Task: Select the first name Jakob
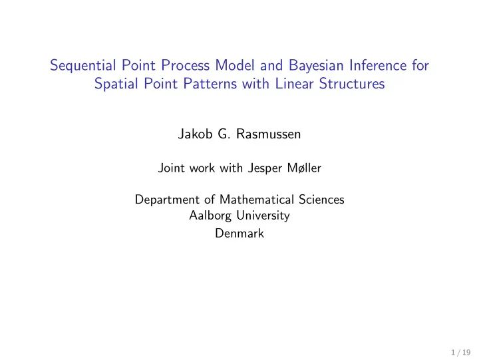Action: click(194, 134)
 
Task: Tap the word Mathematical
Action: click(239, 200)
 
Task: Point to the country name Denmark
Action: click(239, 234)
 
